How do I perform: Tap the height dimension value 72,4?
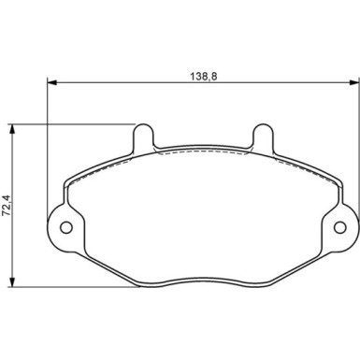tap(7, 205)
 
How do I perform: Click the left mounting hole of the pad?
tap(66, 227)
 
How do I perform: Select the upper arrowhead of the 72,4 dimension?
tap(13, 129)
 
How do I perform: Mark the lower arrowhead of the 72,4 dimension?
tap(13, 282)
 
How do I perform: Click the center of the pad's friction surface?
tap(202, 215)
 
